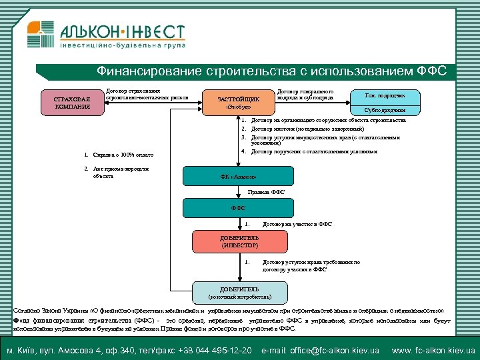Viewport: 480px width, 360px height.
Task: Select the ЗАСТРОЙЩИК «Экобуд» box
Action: tap(238, 102)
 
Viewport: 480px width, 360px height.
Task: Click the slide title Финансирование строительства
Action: tap(272, 71)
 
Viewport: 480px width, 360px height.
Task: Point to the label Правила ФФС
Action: tap(266, 193)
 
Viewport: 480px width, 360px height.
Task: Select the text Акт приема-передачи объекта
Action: tap(121, 172)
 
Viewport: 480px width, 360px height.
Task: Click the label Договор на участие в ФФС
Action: tap(297, 224)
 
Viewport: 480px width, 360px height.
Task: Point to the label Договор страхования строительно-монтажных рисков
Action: tap(147, 95)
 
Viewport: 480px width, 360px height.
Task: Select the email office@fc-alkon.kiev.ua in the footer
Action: tap(321, 350)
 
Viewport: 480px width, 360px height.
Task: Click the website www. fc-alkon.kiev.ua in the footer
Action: tap(433, 350)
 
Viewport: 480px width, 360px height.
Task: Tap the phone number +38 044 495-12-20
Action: tap(217, 350)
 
